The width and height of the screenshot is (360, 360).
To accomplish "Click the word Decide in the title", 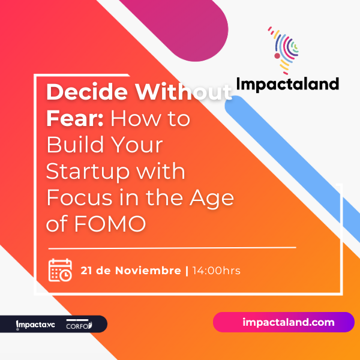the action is pos(87,92).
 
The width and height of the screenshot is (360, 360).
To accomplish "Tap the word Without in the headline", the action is pos(183,92).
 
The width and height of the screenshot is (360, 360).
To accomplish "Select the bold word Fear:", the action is pos(75,118).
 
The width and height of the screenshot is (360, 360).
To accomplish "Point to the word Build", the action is pos(75,145).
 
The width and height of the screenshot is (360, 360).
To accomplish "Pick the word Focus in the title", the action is pos(80,197).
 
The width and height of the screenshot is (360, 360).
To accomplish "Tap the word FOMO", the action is pos(110,224).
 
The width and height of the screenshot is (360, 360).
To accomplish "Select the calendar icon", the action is pos(60,270).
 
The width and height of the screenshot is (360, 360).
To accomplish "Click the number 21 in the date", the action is pos(86,271).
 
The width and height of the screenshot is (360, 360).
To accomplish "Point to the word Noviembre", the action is pos(148,271).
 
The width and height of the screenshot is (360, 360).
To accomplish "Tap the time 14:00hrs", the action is pos(216,271).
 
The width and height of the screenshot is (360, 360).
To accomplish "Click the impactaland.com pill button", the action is pos(284,322).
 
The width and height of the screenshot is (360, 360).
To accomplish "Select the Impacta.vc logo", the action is pos(35,325).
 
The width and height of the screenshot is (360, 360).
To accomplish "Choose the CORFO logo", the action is pos(79,324).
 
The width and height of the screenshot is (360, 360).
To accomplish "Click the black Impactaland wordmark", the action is pos(287,85).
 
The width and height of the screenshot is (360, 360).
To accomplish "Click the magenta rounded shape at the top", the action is pos(181,25).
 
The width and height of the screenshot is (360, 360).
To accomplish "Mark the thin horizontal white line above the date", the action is pos(172,248).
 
